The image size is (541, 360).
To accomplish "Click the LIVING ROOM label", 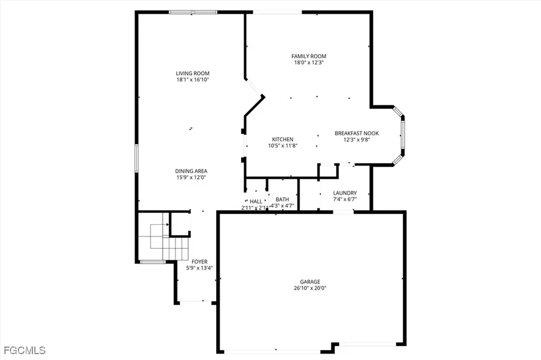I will click(x=193, y=73).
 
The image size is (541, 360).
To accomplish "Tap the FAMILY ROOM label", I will click(x=309, y=56).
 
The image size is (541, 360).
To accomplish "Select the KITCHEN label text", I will click(x=283, y=139).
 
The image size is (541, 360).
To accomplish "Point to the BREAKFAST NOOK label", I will click(x=357, y=134).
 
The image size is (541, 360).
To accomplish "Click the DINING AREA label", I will click(x=191, y=171).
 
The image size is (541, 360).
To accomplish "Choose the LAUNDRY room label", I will click(x=345, y=193).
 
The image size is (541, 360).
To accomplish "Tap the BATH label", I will click(x=282, y=200).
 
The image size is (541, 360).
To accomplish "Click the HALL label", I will click(x=256, y=201).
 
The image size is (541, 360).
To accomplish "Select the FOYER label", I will click(x=200, y=262).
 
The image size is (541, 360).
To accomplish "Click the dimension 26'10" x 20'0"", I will click(x=311, y=288).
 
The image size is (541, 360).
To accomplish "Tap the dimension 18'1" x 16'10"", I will click(x=193, y=80).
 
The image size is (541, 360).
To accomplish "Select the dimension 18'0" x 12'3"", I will click(x=309, y=62).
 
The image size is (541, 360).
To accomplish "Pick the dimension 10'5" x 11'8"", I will click(x=283, y=146).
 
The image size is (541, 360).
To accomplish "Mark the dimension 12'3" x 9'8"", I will click(x=357, y=140).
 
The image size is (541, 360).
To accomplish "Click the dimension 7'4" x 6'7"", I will click(x=345, y=200).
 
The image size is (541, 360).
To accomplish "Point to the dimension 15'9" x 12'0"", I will click(x=191, y=177).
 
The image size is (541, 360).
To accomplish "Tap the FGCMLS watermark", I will click(x=25, y=350).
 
